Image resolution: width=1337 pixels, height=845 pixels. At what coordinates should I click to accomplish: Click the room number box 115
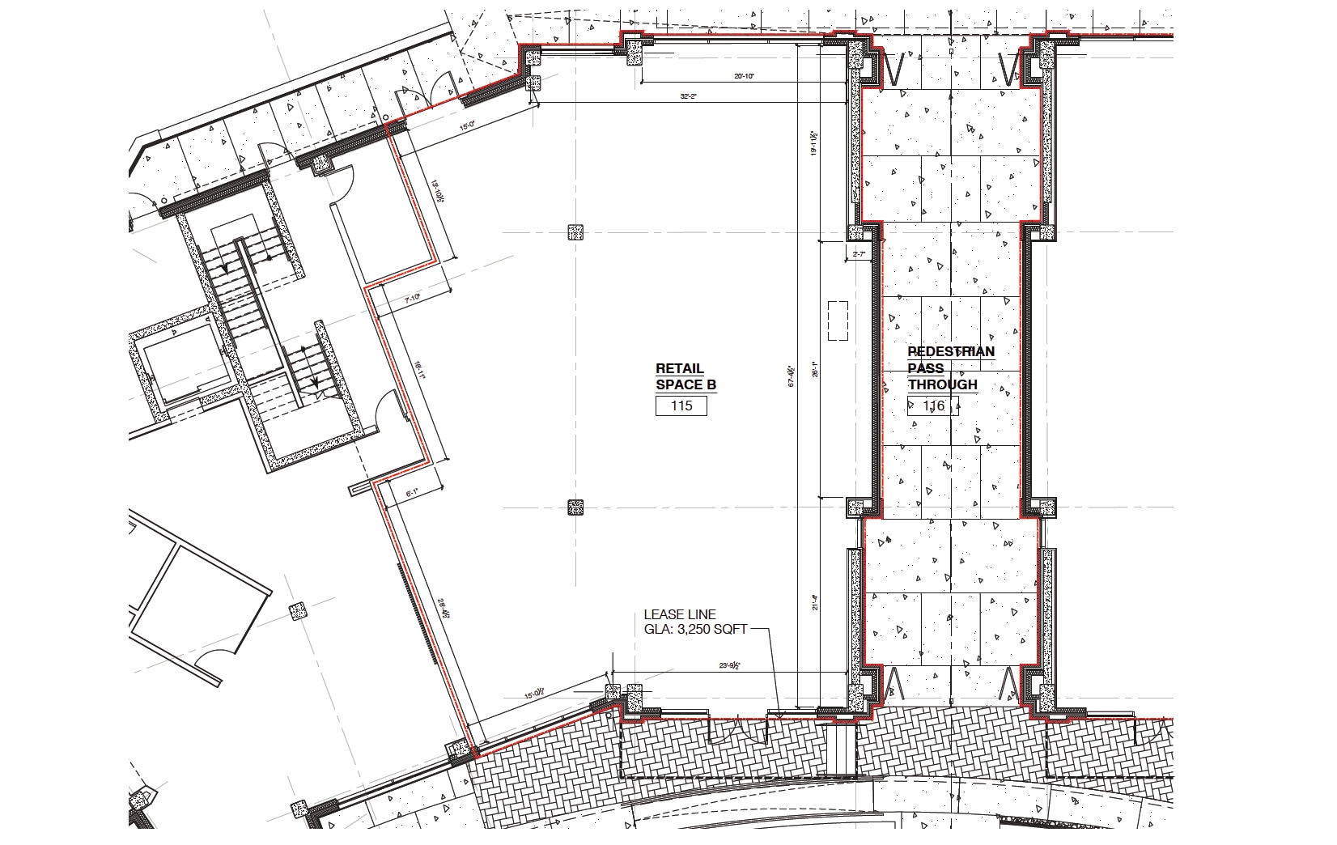tap(681, 406)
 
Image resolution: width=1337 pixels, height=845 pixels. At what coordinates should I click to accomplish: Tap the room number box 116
tap(932, 406)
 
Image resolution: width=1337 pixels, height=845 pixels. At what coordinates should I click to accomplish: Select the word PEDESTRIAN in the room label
tap(951, 351)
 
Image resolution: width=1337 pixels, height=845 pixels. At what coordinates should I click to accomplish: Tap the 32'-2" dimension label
tap(689, 96)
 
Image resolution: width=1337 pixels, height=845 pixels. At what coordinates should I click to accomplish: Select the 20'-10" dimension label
tap(745, 76)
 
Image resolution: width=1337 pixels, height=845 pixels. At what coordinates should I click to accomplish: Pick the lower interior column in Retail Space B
tap(575, 507)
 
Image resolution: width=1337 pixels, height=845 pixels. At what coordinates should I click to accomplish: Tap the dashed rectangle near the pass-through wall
tap(838, 321)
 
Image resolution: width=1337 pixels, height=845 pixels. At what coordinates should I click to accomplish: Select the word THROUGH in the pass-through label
tap(942, 384)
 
